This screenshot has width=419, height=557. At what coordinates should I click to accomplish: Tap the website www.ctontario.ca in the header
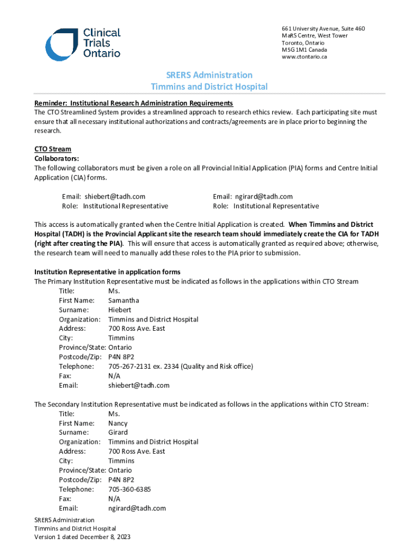point(304,57)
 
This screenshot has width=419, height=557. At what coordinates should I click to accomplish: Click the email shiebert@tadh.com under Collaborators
point(115,196)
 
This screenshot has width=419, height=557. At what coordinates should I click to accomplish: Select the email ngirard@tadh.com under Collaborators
point(264,196)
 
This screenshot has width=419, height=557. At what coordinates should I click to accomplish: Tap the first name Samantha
point(124,300)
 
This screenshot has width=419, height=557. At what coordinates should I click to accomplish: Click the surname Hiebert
point(120,310)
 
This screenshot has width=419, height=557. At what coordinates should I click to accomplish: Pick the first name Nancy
point(118,423)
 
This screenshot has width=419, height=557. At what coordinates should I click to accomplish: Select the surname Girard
point(118,432)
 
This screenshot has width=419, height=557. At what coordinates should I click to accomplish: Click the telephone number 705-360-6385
point(130,489)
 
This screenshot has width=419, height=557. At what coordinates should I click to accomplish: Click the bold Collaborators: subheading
point(57,158)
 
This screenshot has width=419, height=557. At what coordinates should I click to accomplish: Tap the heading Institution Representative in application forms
point(107,272)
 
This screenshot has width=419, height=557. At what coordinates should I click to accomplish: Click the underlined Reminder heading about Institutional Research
point(133,103)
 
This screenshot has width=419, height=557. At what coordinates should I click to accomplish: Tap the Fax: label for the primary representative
point(65,376)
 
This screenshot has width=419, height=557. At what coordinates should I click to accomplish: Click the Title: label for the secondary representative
point(67,413)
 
